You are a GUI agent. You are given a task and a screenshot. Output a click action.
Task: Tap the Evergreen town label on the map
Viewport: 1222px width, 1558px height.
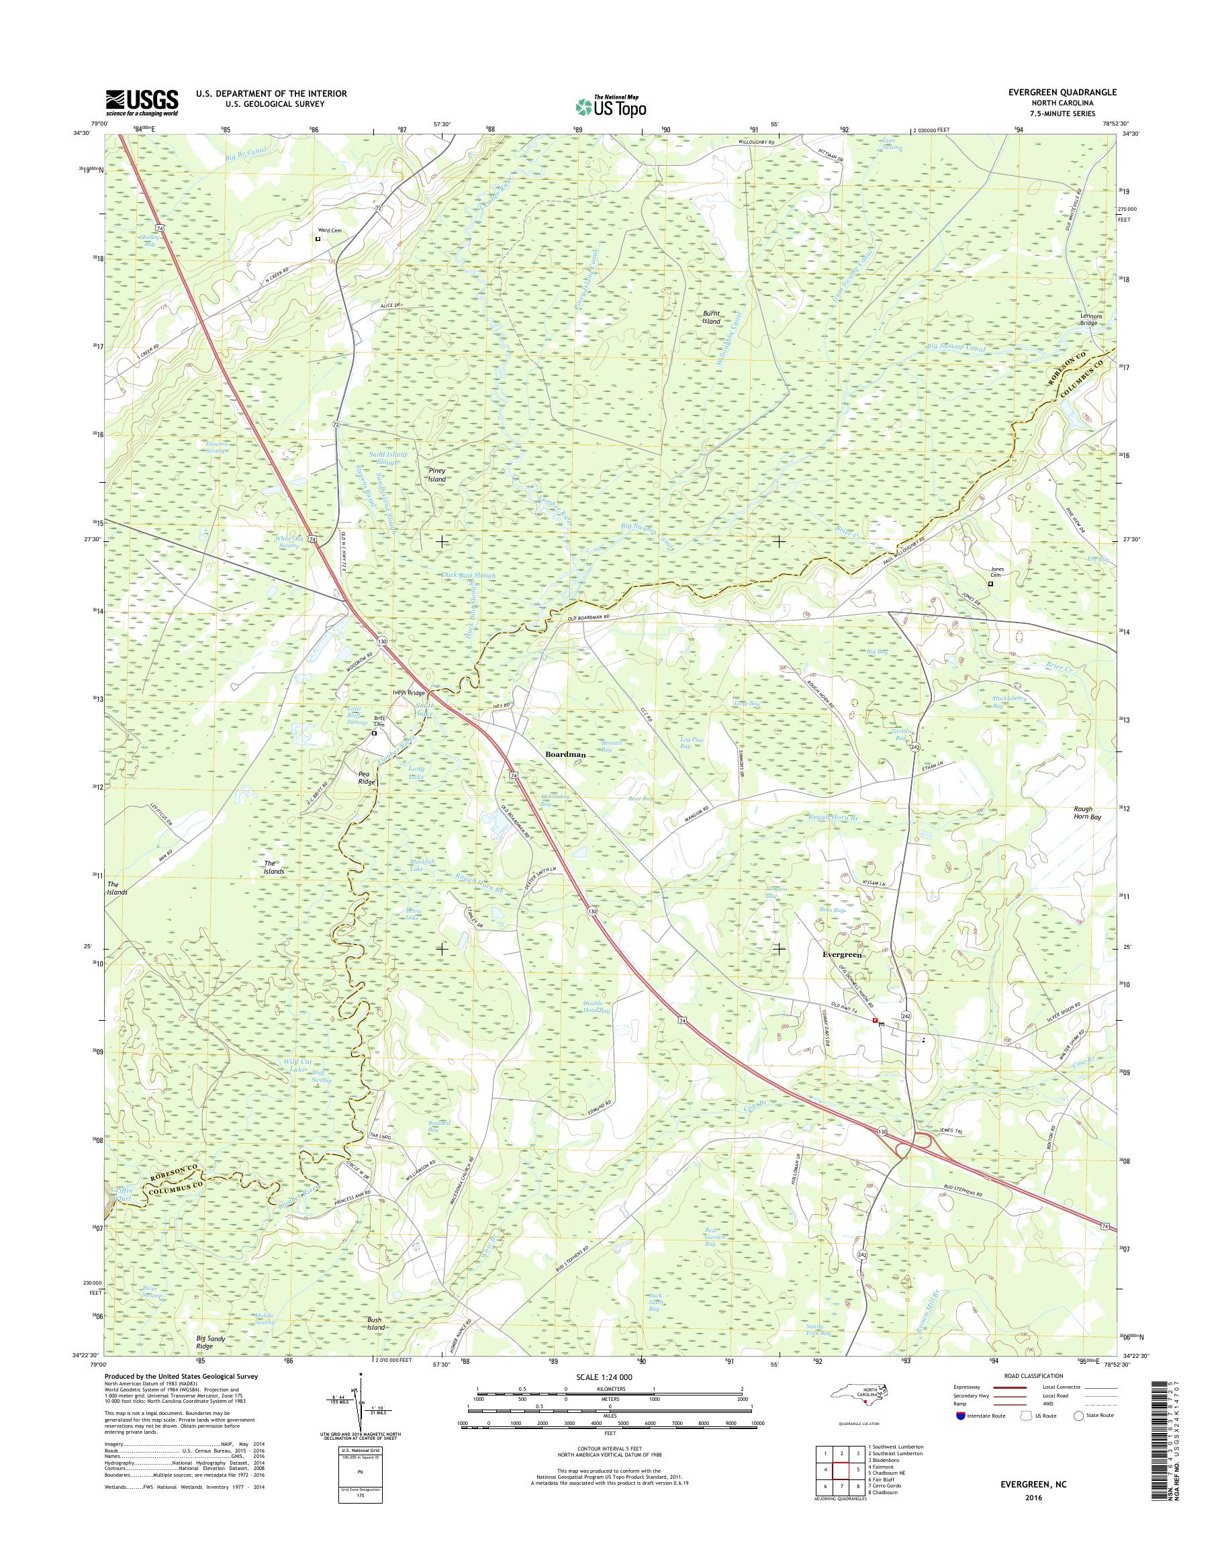tap(843, 956)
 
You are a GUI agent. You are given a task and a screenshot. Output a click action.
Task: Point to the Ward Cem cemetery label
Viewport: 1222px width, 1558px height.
tap(330, 230)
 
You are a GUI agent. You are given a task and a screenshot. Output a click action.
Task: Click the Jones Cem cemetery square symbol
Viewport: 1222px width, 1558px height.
tap(991, 584)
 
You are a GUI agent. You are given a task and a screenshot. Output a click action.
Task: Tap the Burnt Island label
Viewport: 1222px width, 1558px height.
tap(710, 318)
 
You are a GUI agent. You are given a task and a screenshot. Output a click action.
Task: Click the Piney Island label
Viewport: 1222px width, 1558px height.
tap(436, 475)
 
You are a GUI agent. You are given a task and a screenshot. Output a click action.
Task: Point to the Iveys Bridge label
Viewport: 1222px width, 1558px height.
tap(408, 693)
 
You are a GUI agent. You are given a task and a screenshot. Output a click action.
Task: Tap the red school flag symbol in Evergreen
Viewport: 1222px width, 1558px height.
tap(874, 1021)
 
